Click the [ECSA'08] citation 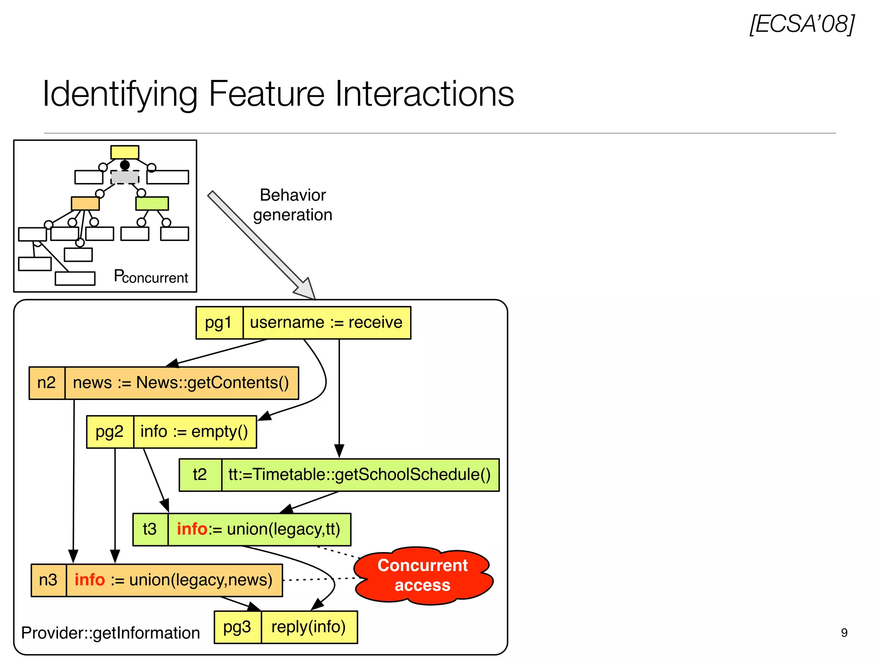(802, 24)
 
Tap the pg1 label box (219, 323)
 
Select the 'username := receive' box (327, 323)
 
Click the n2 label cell (47, 383)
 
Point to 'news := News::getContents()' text (181, 383)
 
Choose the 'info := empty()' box (195, 432)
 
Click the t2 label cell (200, 475)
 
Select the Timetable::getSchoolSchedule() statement (360, 475)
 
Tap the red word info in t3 (192, 529)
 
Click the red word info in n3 (90, 580)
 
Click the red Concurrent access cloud (423, 576)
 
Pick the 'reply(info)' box (309, 627)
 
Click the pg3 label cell (237, 627)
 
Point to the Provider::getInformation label (110, 633)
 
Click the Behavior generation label (293, 205)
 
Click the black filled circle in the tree (125, 165)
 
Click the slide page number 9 (844, 632)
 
